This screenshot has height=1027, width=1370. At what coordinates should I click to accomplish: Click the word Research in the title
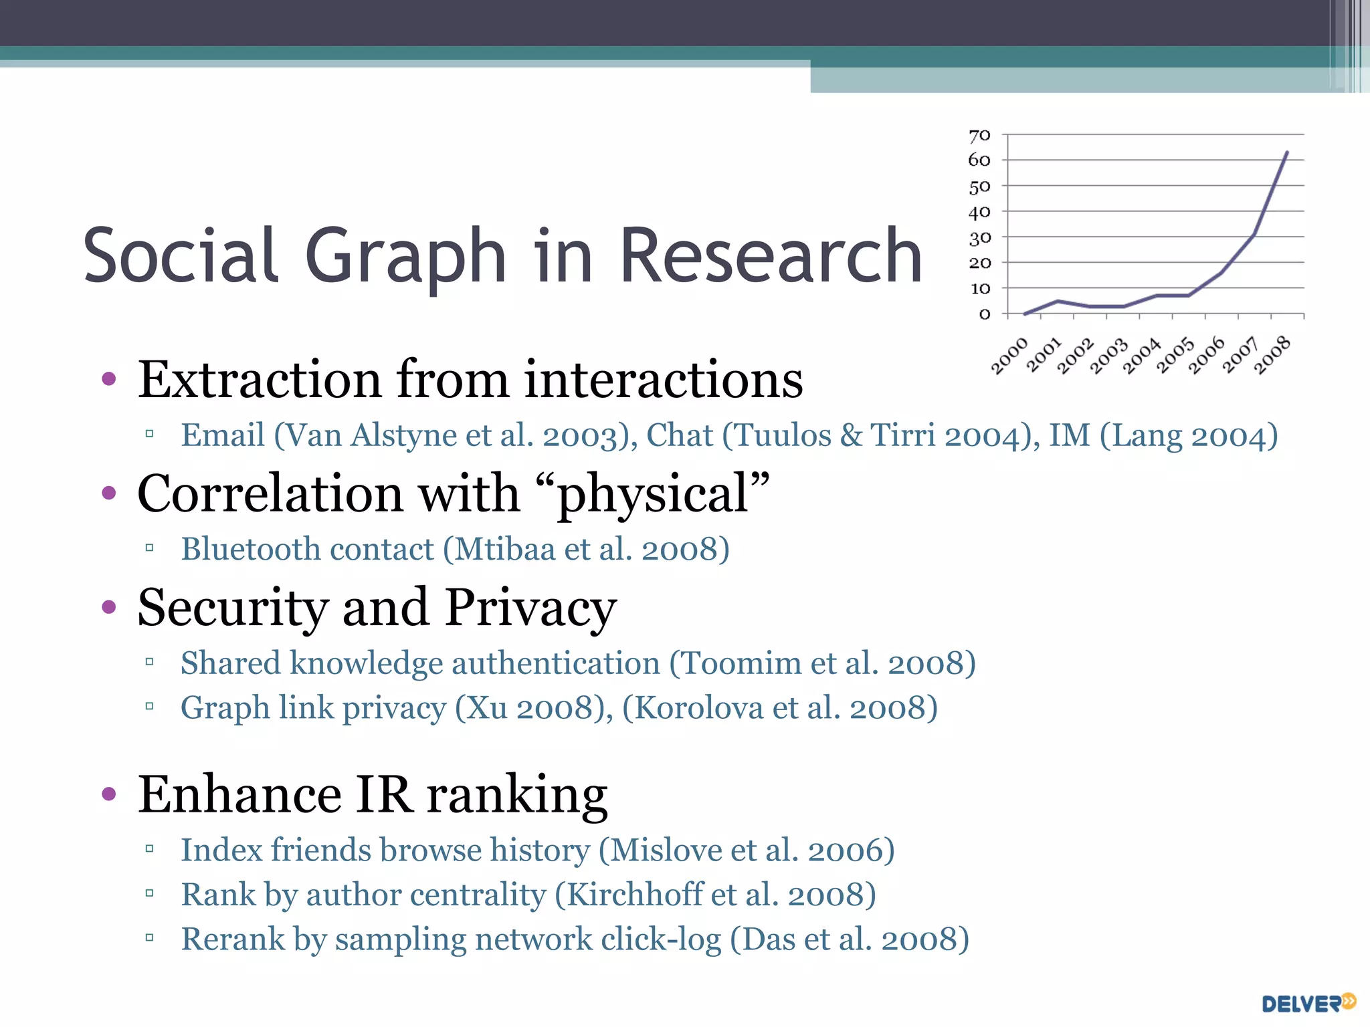(x=771, y=256)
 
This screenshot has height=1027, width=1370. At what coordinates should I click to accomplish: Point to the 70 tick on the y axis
(x=979, y=136)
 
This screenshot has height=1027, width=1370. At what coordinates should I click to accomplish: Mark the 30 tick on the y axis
(x=979, y=238)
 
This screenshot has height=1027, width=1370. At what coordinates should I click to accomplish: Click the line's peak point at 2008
(x=1287, y=152)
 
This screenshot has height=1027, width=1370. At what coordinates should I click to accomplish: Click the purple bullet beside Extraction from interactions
(x=108, y=380)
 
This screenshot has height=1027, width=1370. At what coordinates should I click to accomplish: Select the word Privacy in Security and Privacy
(x=530, y=608)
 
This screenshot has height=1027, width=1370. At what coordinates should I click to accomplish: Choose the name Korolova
(x=698, y=708)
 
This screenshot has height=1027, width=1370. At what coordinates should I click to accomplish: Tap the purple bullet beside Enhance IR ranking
(x=108, y=794)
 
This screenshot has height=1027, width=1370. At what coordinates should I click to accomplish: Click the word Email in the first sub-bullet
(x=223, y=435)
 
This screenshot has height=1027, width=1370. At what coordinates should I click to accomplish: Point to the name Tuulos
(x=781, y=435)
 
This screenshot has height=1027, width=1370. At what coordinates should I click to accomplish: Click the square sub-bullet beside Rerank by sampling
(x=149, y=937)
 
